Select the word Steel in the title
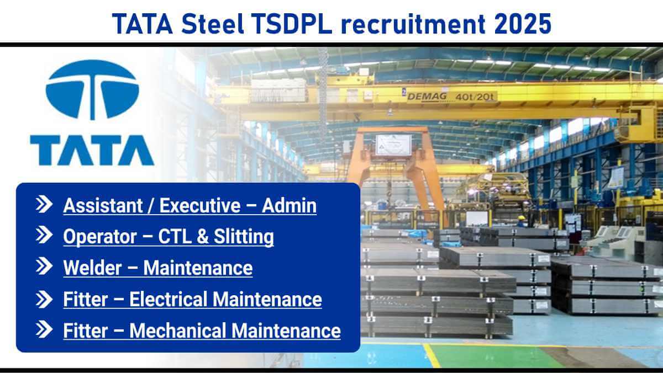click(x=213, y=24)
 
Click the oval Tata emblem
click(x=92, y=90)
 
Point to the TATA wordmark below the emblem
click(x=92, y=150)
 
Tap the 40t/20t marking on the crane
click(x=475, y=97)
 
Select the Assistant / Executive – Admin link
click(x=190, y=205)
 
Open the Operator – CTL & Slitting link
click(x=169, y=237)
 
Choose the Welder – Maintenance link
click(x=158, y=268)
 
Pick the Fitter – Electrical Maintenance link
click(x=192, y=299)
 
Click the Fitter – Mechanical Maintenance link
click(x=202, y=331)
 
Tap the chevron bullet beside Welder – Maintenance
click(x=44, y=266)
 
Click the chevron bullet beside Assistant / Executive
click(x=44, y=204)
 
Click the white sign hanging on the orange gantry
click(x=393, y=145)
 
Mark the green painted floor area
click(x=491, y=355)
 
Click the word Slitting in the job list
click(x=244, y=237)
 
